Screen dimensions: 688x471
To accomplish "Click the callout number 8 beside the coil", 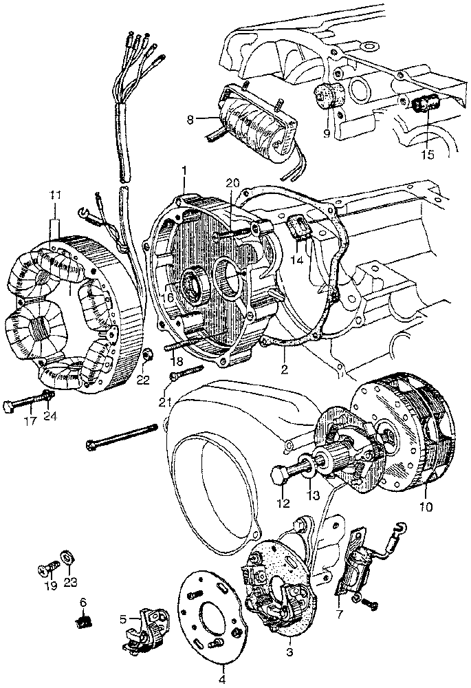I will pyautogui.click(x=190, y=118).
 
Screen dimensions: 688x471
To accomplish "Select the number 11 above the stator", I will pyautogui.click(x=55, y=197).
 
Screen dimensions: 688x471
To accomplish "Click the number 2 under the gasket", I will pyautogui.click(x=283, y=369).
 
